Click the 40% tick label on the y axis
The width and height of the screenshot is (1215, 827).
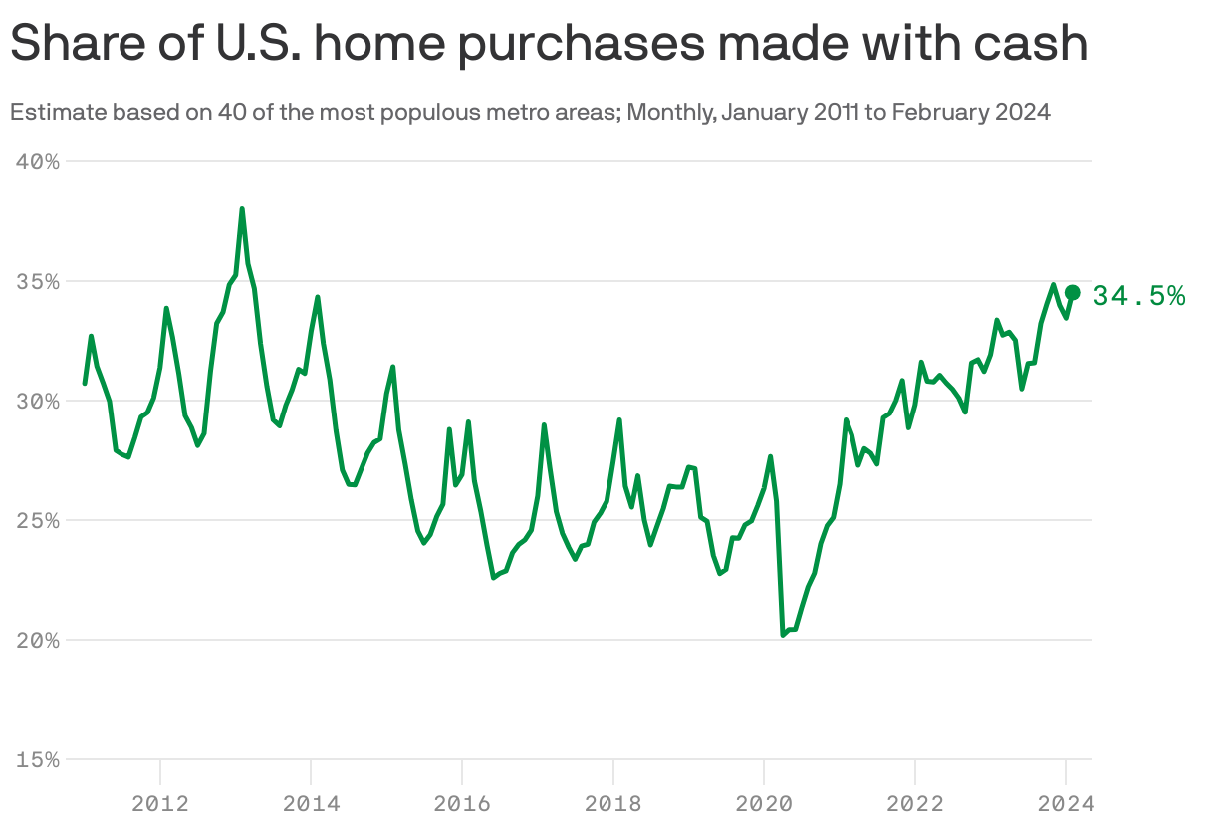click(x=39, y=161)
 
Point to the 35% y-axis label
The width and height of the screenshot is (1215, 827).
click(x=39, y=281)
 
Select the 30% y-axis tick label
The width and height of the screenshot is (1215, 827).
click(x=39, y=401)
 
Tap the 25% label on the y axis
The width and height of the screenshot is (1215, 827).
click(x=39, y=520)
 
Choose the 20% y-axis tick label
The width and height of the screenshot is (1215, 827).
click(x=39, y=640)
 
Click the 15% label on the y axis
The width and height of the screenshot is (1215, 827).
click(x=39, y=759)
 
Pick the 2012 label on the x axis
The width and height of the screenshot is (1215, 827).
click(x=160, y=802)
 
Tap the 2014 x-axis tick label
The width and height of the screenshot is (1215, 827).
click(x=311, y=802)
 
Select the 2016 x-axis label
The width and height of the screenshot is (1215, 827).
click(x=462, y=802)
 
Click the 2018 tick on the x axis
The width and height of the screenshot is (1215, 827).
click(x=612, y=802)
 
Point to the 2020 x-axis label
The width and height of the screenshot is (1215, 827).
click(x=763, y=802)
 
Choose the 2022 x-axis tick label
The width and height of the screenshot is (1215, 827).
click(x=914, y=802)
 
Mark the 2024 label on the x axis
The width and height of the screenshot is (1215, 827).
click(x=1065, y=802)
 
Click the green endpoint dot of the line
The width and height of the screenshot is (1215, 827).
click(x=1073, y=292)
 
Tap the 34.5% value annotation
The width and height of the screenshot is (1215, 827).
click(x=1139, y=296)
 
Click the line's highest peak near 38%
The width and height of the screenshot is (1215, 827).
click(x=242, y=209)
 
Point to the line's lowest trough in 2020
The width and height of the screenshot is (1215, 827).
click(x=783, y=634)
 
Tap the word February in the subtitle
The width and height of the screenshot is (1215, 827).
click(x=940, y=112)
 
